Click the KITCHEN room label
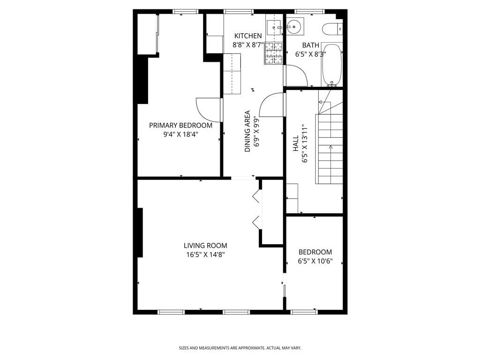pyautogui.click(x=248, y=36)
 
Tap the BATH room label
pyautogui.click(x=310, y=45)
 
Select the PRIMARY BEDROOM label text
pyautogui.click(x=180, y=125)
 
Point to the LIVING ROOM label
pyautogui.click(x=205, y=245)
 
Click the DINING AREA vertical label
pyautogui.click(x=247, y=131)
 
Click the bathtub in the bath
pyautogui.click(x=332, y=65)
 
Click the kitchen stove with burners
pyautogui.click(x=274, y=52)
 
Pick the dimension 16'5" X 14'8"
pyautogui.click(x=205, y=255)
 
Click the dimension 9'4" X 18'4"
pyautogui.click(x=180, y=135)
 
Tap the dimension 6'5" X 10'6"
pyautogui.click(x=315, y=261)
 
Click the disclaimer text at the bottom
pyautogui.click(x=240, y=348)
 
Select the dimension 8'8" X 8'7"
pyautogui.click(x=248, y=45)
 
